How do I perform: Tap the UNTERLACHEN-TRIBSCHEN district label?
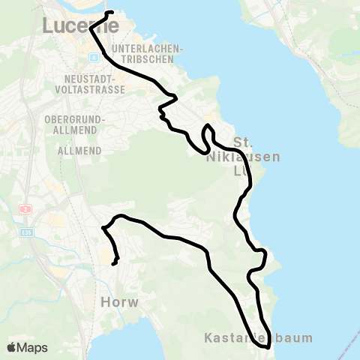point(149,55)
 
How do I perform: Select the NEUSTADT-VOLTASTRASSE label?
point(84,83)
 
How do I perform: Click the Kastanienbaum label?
point(258,338)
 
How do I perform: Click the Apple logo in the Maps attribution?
point(12,347)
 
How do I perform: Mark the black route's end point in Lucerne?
point(110,13)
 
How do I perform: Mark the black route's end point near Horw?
point(113,263)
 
